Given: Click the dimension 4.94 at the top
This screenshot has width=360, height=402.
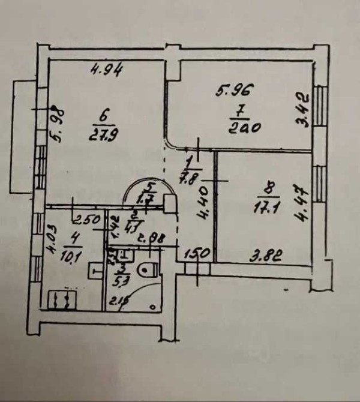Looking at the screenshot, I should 106,71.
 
